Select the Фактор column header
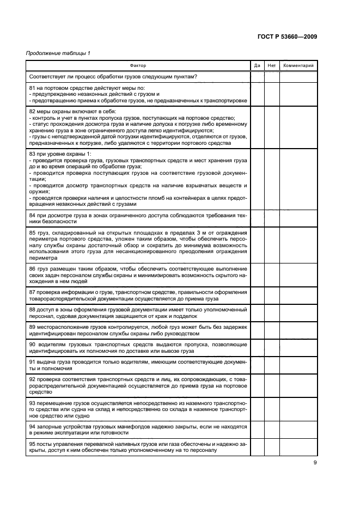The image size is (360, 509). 138,65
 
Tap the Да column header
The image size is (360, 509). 257,65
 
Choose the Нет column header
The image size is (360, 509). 272,65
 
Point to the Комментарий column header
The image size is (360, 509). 298,65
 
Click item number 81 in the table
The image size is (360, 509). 32,87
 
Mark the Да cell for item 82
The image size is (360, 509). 257,126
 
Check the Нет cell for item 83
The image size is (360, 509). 272,180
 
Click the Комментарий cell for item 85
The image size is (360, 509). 298,244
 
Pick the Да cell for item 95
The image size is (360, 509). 257,447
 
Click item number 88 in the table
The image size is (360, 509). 32,309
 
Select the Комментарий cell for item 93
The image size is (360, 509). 298,409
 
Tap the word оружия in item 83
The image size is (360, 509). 38,191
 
